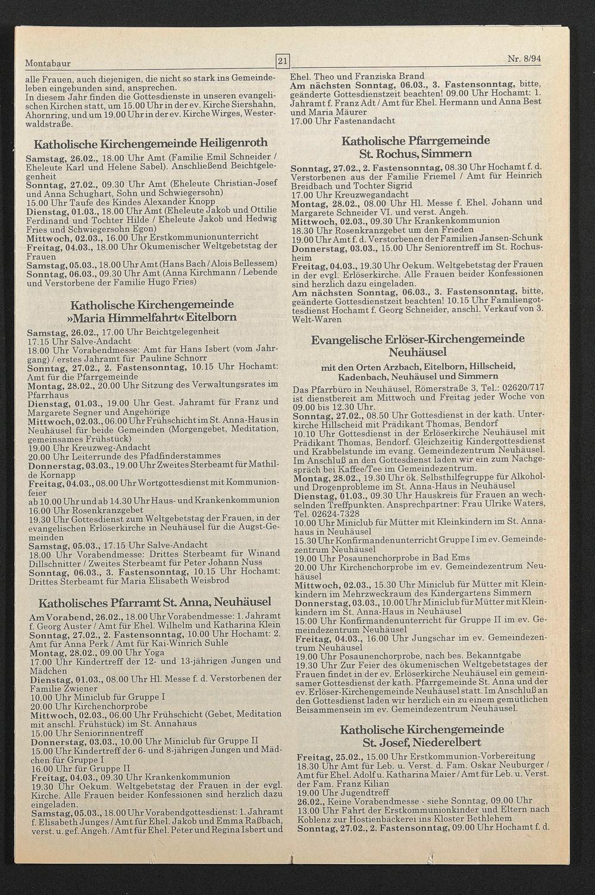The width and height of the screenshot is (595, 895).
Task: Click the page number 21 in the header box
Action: (282, 61)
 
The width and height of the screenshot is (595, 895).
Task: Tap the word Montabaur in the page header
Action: (46, 63)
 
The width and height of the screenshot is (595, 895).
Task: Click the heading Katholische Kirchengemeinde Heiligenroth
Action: (151, 143)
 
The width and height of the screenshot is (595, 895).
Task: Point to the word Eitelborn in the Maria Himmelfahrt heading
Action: (206, 317)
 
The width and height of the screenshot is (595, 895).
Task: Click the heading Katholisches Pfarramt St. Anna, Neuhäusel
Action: (154, 602)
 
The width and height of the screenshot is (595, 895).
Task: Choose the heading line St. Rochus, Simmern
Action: (416, 154)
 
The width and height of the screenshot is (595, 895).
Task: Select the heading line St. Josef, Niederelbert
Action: (421, 742)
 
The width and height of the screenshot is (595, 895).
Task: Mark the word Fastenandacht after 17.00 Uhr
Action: (367, 121)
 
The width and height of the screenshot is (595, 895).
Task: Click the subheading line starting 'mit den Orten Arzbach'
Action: (418, 366)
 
